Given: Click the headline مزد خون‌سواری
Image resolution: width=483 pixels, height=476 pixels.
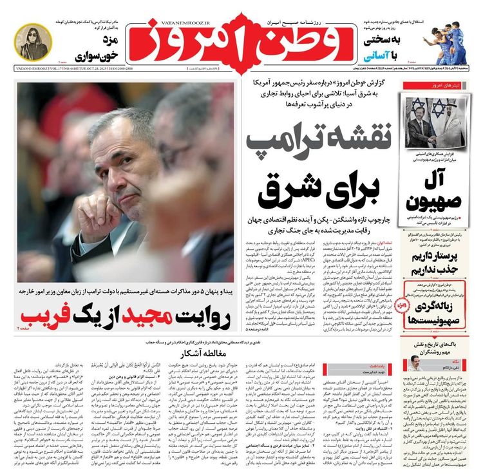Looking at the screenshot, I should coord(95,49).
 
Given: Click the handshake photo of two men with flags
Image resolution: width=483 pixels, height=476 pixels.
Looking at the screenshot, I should coord(430,122).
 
